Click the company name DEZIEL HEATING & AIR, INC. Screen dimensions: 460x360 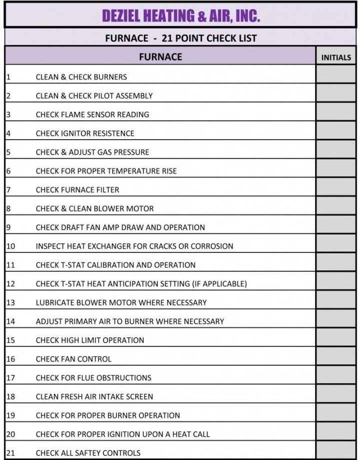[x=180, y=16]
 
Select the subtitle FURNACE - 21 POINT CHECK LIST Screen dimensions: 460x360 [x=181, y=38]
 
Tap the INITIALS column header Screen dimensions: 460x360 [x=336, y=57]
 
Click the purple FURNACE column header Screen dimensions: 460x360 [x=160, y=56]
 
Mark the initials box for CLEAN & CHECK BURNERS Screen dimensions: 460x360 [x=336, y=75]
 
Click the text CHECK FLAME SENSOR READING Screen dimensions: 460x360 [x=92, y=115]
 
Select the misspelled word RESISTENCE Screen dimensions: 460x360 [x=114, y=134]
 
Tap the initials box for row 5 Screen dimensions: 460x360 [x=336, y=150]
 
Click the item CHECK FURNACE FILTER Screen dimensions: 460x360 [x=77, y=190]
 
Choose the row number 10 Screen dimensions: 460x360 [x=10, y=246]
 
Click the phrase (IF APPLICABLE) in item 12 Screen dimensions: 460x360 [x=220, y=284]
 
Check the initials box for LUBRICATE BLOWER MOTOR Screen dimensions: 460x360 [x=336, y=300]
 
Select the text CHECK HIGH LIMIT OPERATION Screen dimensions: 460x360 [x=90, y=340]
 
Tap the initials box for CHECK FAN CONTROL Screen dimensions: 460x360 [x=336, y=357]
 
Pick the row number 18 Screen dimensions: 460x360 [x=10, y=397]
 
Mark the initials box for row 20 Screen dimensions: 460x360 [x=336, y=432]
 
